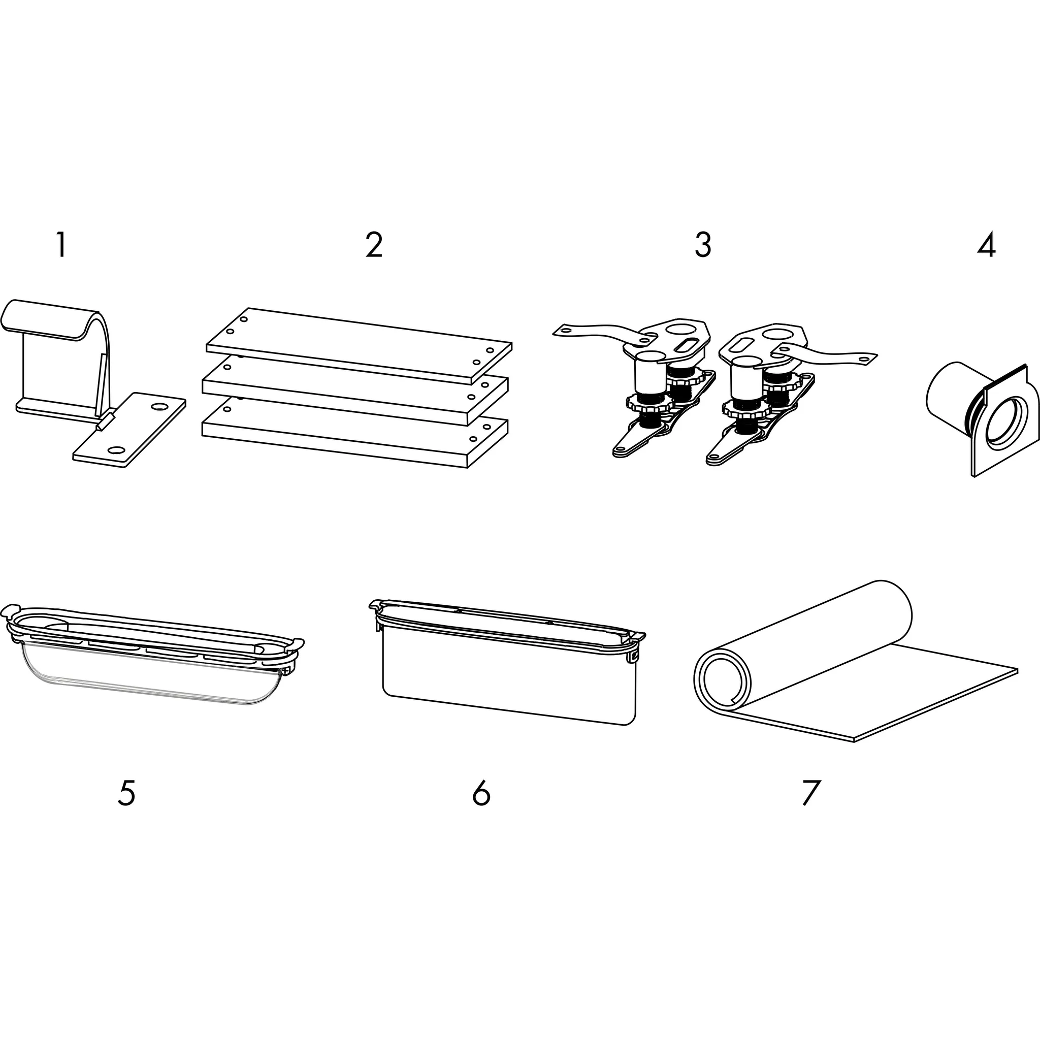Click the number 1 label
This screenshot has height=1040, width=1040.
point(61,245)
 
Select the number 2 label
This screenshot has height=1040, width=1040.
point(374,245)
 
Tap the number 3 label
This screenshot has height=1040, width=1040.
point(703,245)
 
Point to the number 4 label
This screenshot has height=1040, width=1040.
point(986,245)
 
